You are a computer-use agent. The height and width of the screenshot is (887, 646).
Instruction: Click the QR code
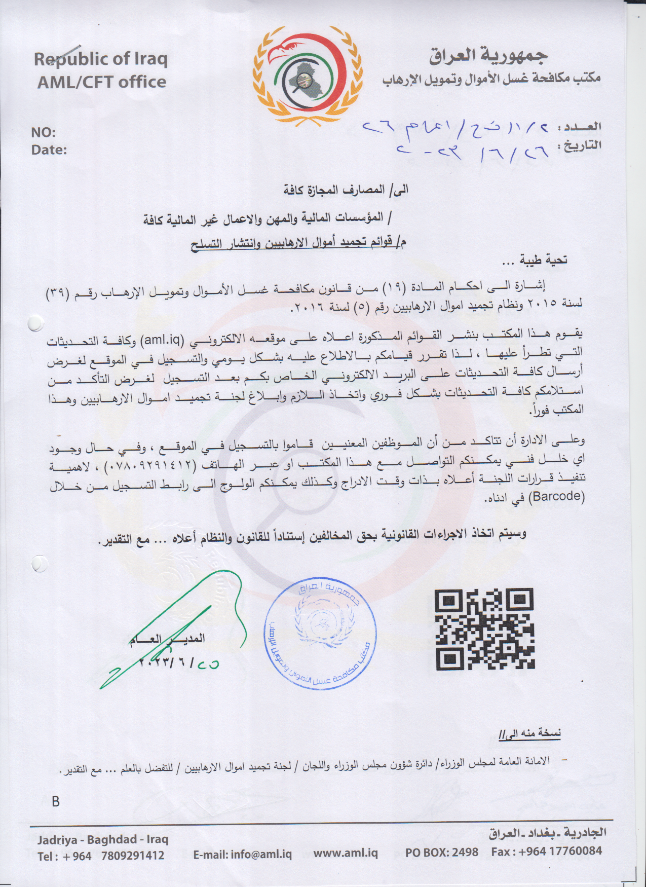(x=484, y=628)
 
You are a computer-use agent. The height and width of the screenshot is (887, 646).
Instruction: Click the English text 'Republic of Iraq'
(x=101, y=59)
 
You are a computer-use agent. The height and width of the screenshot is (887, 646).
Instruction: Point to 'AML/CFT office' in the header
(x=102, y=82)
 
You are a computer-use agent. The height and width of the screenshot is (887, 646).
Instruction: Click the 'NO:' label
(x=44, y=133)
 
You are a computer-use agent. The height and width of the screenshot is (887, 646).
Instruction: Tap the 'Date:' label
(x=49, y=150)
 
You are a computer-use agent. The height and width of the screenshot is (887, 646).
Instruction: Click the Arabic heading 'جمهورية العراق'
(x=488, y=56)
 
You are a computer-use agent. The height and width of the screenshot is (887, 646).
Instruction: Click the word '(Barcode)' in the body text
(x=556, y=496)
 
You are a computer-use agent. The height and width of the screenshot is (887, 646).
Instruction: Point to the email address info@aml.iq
(x=243, y=854)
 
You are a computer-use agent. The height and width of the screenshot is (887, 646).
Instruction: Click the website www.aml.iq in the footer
(x=346, y=853)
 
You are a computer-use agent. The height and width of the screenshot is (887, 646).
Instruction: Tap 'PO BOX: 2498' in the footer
(x=441, y=852)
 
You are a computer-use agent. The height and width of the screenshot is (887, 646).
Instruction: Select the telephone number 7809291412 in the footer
(x=133, y=856)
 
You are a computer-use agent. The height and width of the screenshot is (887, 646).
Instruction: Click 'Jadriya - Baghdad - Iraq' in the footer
(x=102, y=839)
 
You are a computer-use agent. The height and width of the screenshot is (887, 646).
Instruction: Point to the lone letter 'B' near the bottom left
(x=56, y=801)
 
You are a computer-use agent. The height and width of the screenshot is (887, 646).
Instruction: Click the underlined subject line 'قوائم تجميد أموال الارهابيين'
(x=299, y=243)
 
